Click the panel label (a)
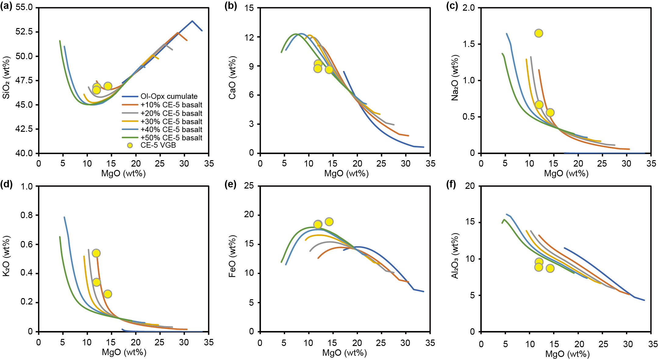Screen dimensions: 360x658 click(6, 6)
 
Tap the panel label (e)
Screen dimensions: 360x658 click(230, 185)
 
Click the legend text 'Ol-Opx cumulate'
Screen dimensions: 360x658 click(169, 96)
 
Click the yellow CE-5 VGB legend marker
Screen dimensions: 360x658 click(130, 146)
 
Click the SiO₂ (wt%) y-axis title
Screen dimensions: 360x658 click(6, 77)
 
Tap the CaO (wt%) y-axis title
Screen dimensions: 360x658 click(232, 77)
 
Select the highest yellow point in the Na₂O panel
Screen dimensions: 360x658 click(538, 33)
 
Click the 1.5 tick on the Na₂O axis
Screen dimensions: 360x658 click(469, 44)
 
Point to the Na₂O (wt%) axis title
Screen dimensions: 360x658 click(455, 77)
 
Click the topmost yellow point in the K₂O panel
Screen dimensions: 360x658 click(96, 253)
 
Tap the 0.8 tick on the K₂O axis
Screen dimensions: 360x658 click(27, 215)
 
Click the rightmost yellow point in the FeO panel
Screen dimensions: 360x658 click(329, 222)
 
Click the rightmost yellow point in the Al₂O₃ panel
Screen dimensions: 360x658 click(550, 268)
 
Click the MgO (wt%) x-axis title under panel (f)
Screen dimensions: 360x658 click(567, 354)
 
